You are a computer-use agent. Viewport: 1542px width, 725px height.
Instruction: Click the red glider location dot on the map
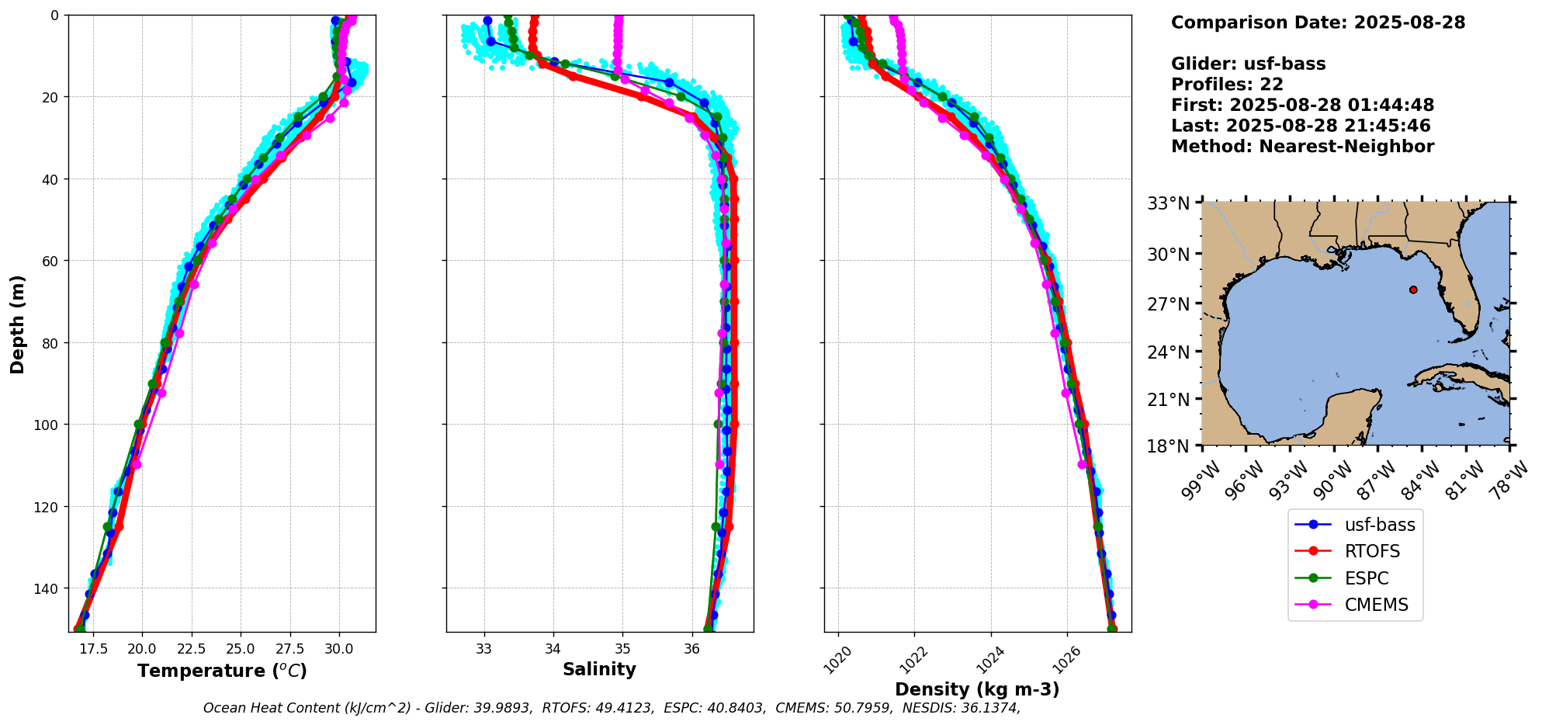[x=1413, y=290]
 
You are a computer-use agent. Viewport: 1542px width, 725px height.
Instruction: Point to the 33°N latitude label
[x=1168, y=204]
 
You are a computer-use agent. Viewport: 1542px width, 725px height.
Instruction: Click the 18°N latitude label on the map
[x=1168, y=446]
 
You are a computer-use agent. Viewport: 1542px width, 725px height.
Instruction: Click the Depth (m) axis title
[x=18, y=324]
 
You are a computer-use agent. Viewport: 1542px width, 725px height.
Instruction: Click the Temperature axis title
[x=222, y=671]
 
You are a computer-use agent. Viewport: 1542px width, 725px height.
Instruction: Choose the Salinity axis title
[x=599, y=670]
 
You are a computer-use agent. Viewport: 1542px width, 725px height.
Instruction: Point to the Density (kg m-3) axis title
[x=977, y=689]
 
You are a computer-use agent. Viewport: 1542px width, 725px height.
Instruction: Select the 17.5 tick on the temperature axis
[x=92, y=648]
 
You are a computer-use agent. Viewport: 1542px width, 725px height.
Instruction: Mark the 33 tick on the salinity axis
[x=484, y=648]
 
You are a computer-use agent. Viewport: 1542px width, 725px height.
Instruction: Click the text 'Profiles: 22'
[x=1227, y=85]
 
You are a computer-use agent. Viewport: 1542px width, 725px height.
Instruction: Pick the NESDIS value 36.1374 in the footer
[x=986, y=708]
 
